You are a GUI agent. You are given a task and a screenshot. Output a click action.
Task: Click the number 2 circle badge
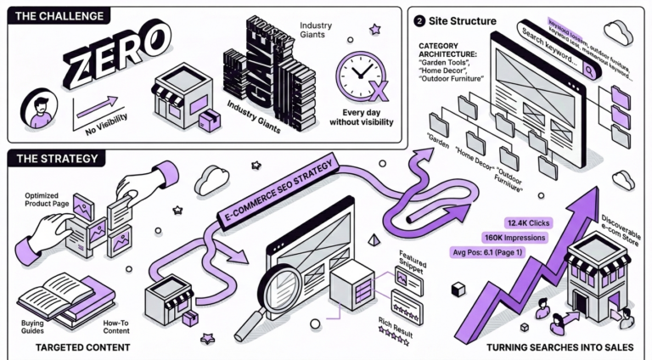click(419, 20)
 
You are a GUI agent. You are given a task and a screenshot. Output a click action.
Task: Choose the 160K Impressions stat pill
click(514, 237)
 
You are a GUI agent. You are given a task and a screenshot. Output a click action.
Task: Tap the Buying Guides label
click(33, 327)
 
